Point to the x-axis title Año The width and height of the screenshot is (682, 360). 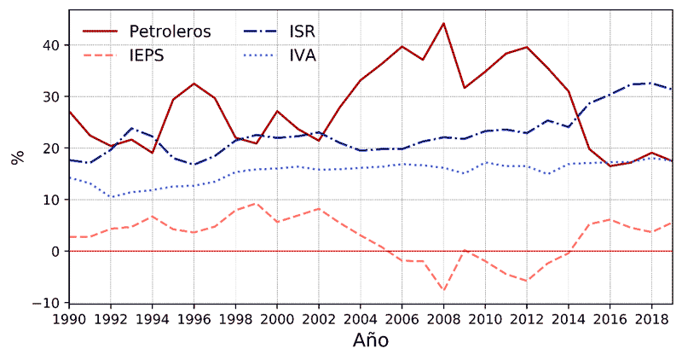[371, 340]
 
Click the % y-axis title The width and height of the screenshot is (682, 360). [16, 158]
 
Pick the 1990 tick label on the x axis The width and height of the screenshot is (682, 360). [68, 317]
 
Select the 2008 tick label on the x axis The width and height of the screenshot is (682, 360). [443, 317]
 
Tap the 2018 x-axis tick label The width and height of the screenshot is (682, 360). [651, 317]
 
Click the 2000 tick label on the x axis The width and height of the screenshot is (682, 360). [276, 317]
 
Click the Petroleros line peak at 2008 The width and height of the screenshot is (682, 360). [443, 23]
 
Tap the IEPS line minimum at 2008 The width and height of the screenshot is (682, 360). [443, 290]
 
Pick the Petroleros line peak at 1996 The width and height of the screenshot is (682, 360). [194, 84]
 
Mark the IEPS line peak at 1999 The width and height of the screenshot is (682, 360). [256, 203]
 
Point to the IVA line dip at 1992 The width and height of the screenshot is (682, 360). [110, 197]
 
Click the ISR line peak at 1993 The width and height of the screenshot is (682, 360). [130, 128]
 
